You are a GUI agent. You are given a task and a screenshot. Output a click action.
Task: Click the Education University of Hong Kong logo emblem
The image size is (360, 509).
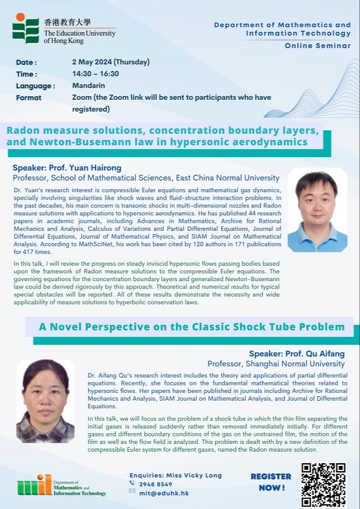(26, 28)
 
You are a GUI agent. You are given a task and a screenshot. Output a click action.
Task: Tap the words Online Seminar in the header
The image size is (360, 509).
(317, 45)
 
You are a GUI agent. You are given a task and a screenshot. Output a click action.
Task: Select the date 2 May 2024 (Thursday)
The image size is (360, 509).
(111, 62)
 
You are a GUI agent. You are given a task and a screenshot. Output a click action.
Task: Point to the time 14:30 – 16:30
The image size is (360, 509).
(95, 74)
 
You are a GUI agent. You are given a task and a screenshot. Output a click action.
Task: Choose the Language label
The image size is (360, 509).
(35, 86)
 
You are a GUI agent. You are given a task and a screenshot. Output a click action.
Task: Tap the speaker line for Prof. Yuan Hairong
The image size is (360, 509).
(67, 168)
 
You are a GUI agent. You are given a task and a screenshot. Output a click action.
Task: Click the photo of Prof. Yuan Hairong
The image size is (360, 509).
(317, 210)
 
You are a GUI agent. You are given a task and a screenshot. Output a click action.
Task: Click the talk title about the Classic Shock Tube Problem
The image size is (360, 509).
(192, 326)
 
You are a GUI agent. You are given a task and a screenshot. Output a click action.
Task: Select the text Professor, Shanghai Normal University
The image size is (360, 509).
(276, 364)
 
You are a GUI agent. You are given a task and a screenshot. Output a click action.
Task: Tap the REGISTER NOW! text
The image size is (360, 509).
(271, 482)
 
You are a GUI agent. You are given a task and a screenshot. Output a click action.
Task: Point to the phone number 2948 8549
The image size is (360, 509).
(155, 484)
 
